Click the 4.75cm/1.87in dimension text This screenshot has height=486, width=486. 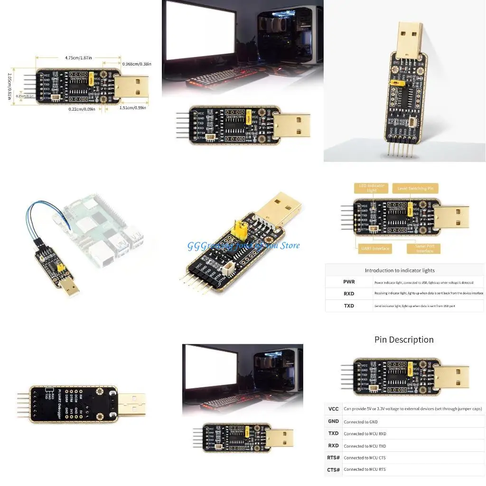(78, 58)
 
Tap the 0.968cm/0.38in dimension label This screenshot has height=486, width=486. (137, 64)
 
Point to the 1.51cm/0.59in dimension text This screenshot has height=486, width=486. (132, 108)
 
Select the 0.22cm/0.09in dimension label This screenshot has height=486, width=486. (82, 109)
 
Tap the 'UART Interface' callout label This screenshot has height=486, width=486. (374, 248)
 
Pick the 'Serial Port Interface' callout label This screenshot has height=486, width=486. (424, 248)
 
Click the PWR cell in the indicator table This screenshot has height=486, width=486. (349, 282)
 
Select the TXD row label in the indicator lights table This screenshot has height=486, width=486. (349, 306)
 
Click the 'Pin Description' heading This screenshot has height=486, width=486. (404, 339)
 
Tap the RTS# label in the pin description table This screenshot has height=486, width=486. (334, 458)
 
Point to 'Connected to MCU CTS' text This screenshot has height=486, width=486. (364, 458)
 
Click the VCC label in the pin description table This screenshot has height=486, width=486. (333, 409)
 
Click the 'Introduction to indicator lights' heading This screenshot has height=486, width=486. (400, 271)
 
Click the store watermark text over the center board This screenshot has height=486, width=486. (243, 245)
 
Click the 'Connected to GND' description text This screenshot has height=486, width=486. (361, 421)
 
